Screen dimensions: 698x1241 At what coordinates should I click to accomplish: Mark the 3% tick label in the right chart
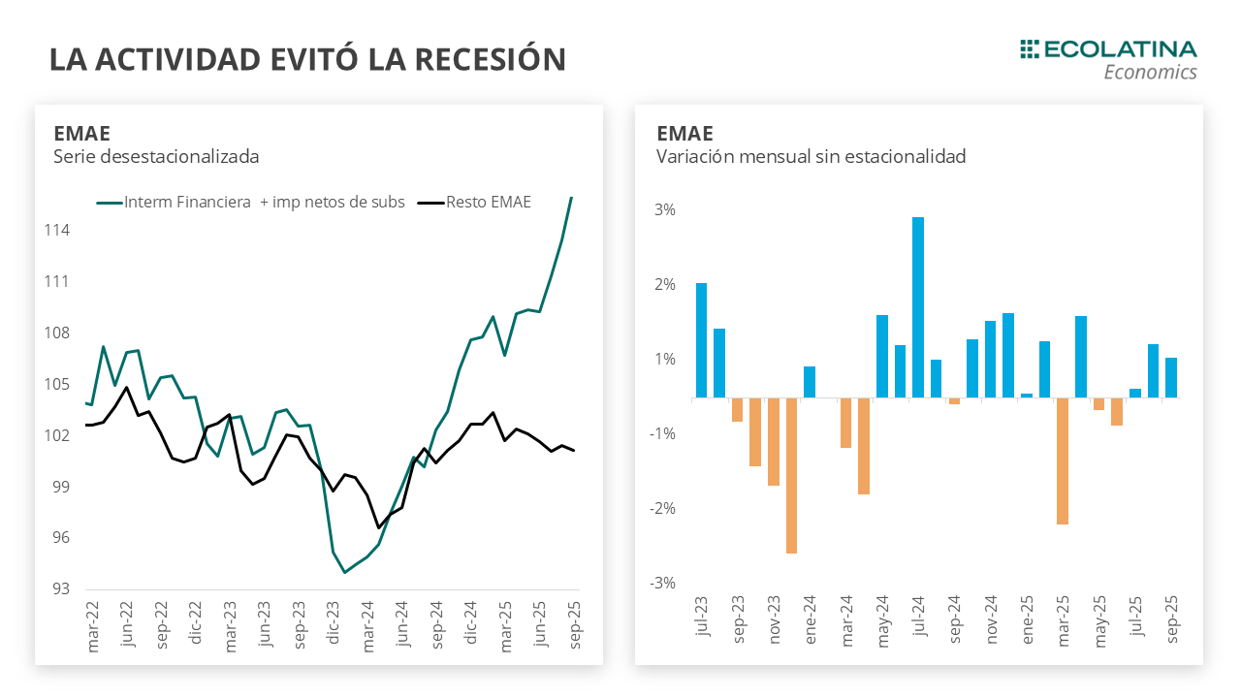pyautogui.click(x=664, y=210)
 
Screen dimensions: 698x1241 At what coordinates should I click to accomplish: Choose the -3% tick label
pyautogui.click(x=662, y=583)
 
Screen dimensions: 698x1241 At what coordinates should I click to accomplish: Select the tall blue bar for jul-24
pyautogui.click(x=918, y=307)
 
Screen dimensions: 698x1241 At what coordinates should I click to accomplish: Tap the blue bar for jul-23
pyautogui.click(x=701, y=340)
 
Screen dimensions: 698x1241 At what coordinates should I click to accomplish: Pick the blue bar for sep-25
pyautogui.click(x=1171, y=378)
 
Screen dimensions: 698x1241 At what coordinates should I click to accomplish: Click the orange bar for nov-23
pyautogui.click(x=774, y=441)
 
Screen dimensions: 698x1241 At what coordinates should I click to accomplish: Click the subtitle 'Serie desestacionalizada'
pyautogui.click(x=156, y=156)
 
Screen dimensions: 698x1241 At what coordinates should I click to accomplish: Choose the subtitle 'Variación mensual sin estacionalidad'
pyautogui.click(x=811, y=156)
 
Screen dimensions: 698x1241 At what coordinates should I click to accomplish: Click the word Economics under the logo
pyautogui.click(x=1150, y=73)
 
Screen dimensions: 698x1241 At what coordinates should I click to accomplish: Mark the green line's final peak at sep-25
pyautogui.click(x=571, y=198)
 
